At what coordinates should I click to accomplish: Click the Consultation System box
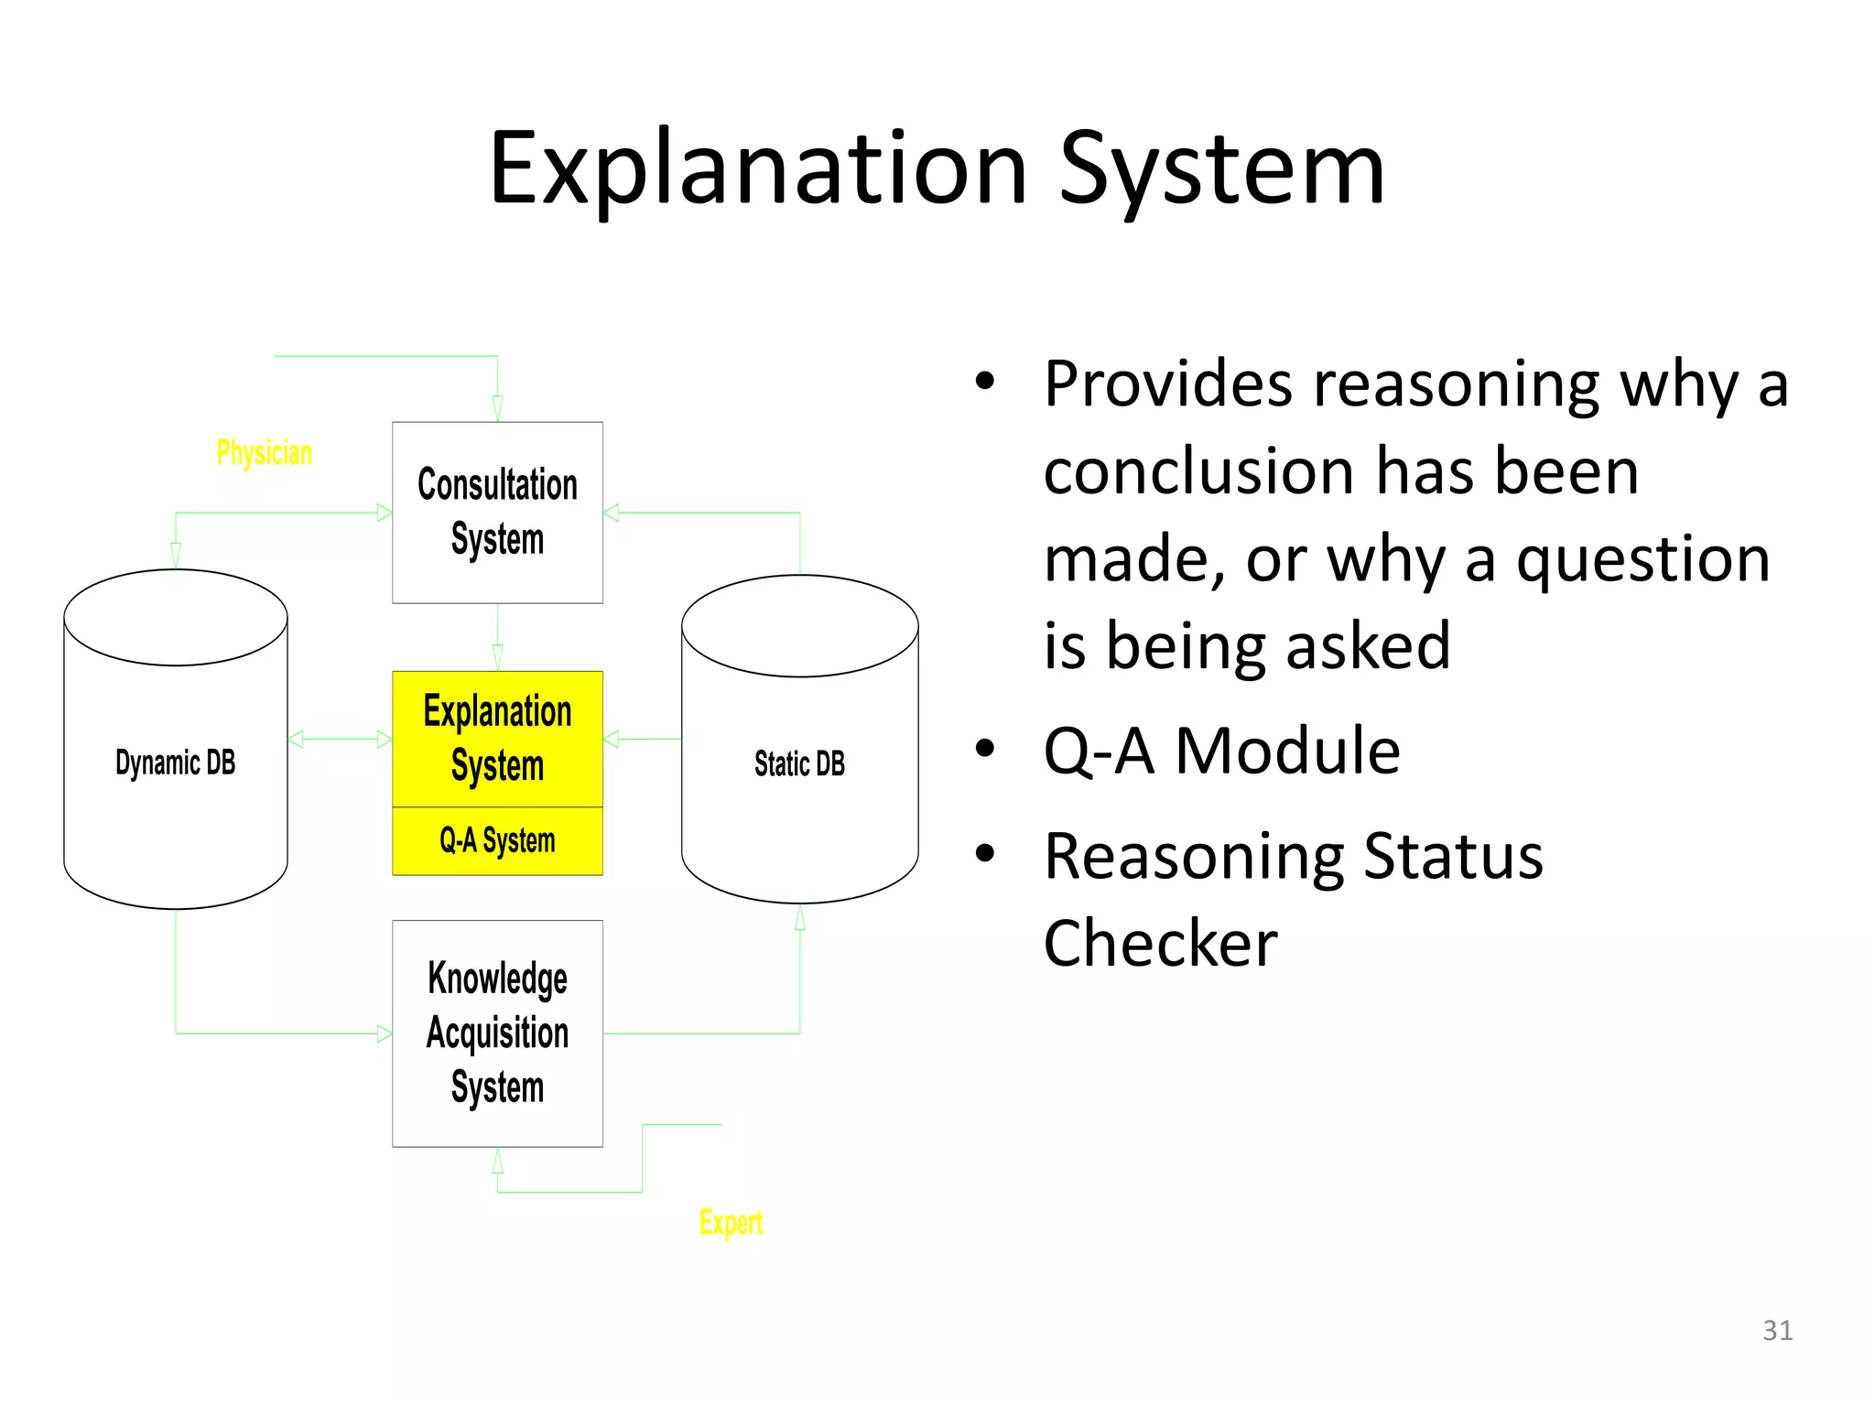tap(497, 512)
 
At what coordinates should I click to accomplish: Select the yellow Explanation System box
tap(497, 738)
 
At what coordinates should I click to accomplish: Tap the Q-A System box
tap(497, 840)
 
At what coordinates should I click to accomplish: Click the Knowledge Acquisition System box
tap(497, 1033)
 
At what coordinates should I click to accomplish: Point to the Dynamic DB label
tap(175, 762)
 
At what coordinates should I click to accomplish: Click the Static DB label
tap(799, 763)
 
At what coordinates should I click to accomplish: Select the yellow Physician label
tap(264, 452)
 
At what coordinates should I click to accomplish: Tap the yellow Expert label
tap(730, 1222)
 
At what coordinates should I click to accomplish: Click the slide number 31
tap(1777, 1330)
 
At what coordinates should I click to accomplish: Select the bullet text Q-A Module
tap(1221, 751)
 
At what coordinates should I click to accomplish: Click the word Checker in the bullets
tap(1160, 943)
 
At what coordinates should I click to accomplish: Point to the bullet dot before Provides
tap(984, 381)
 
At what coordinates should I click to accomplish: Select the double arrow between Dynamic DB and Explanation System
tap(340, 739)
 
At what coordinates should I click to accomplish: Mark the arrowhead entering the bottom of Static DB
tap(800, 916)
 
